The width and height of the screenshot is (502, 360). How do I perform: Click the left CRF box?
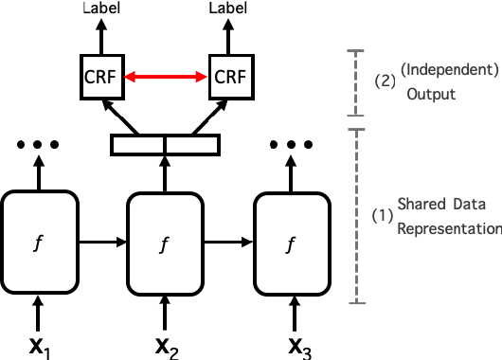(x=101, y=77)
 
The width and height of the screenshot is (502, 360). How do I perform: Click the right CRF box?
(x=230, y=77)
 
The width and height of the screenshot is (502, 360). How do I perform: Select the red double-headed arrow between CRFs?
(x=166, y=77)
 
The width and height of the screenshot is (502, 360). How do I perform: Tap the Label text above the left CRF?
(x=101, y=9)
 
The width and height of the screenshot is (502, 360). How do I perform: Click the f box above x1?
(x=38, y=242)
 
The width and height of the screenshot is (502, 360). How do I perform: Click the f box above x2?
(x=166, y=242)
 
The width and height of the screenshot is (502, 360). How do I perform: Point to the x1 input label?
(x=38, y=345)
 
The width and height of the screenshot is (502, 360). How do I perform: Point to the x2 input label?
(x=167, y=345)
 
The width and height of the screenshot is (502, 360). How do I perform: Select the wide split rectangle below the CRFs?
(x=166, y=145)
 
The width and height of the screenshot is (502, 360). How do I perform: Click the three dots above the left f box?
(x=38, y=145)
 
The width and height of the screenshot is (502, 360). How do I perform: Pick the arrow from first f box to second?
(x=101, y=243)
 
